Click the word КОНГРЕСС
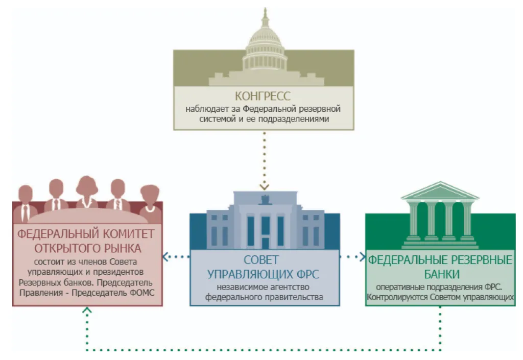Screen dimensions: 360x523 click(263, 96)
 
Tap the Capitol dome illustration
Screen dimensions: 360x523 click(264, 46)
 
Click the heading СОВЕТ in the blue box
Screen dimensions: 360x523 click(264, 260)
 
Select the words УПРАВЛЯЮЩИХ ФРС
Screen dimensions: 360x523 click(264, 274)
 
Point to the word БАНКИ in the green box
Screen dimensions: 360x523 click(440, 274)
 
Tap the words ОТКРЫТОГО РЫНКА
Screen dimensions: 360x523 click(87, 249)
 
